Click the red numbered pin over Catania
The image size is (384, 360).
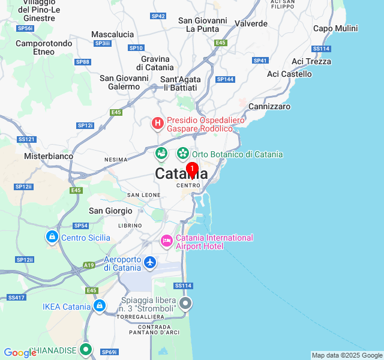(x=192, y=170)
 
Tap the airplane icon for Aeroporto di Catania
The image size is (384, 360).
(x=150, y=262)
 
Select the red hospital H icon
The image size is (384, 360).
(x=158, y=124)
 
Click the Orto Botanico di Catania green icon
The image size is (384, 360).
(x=182, y=154)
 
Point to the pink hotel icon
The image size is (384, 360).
(x=167, y=241)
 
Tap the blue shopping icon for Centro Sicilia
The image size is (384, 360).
(x=52, y=237)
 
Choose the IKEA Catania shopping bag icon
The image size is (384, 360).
(x=100, y=307)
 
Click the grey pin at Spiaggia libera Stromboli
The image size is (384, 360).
(x=185, y=304)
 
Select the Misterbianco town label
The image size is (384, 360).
(x=49, y=156)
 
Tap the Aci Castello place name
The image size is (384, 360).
(x=289, y=74)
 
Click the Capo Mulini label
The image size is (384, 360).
(x=335, y=28)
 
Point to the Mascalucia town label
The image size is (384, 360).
(x=112, y=34)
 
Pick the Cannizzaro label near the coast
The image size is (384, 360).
(x=269, y=106)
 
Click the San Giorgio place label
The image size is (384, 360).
(x=110, y=211)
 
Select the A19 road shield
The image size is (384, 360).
(x=89, y=265)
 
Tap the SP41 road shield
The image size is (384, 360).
(x=260, y=60)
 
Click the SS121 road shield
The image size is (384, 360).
(x=26, y=139)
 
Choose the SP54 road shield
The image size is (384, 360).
(x=80, y=226)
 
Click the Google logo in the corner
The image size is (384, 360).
(x=20, y=353)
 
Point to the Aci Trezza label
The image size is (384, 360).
(x=311, y=61)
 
